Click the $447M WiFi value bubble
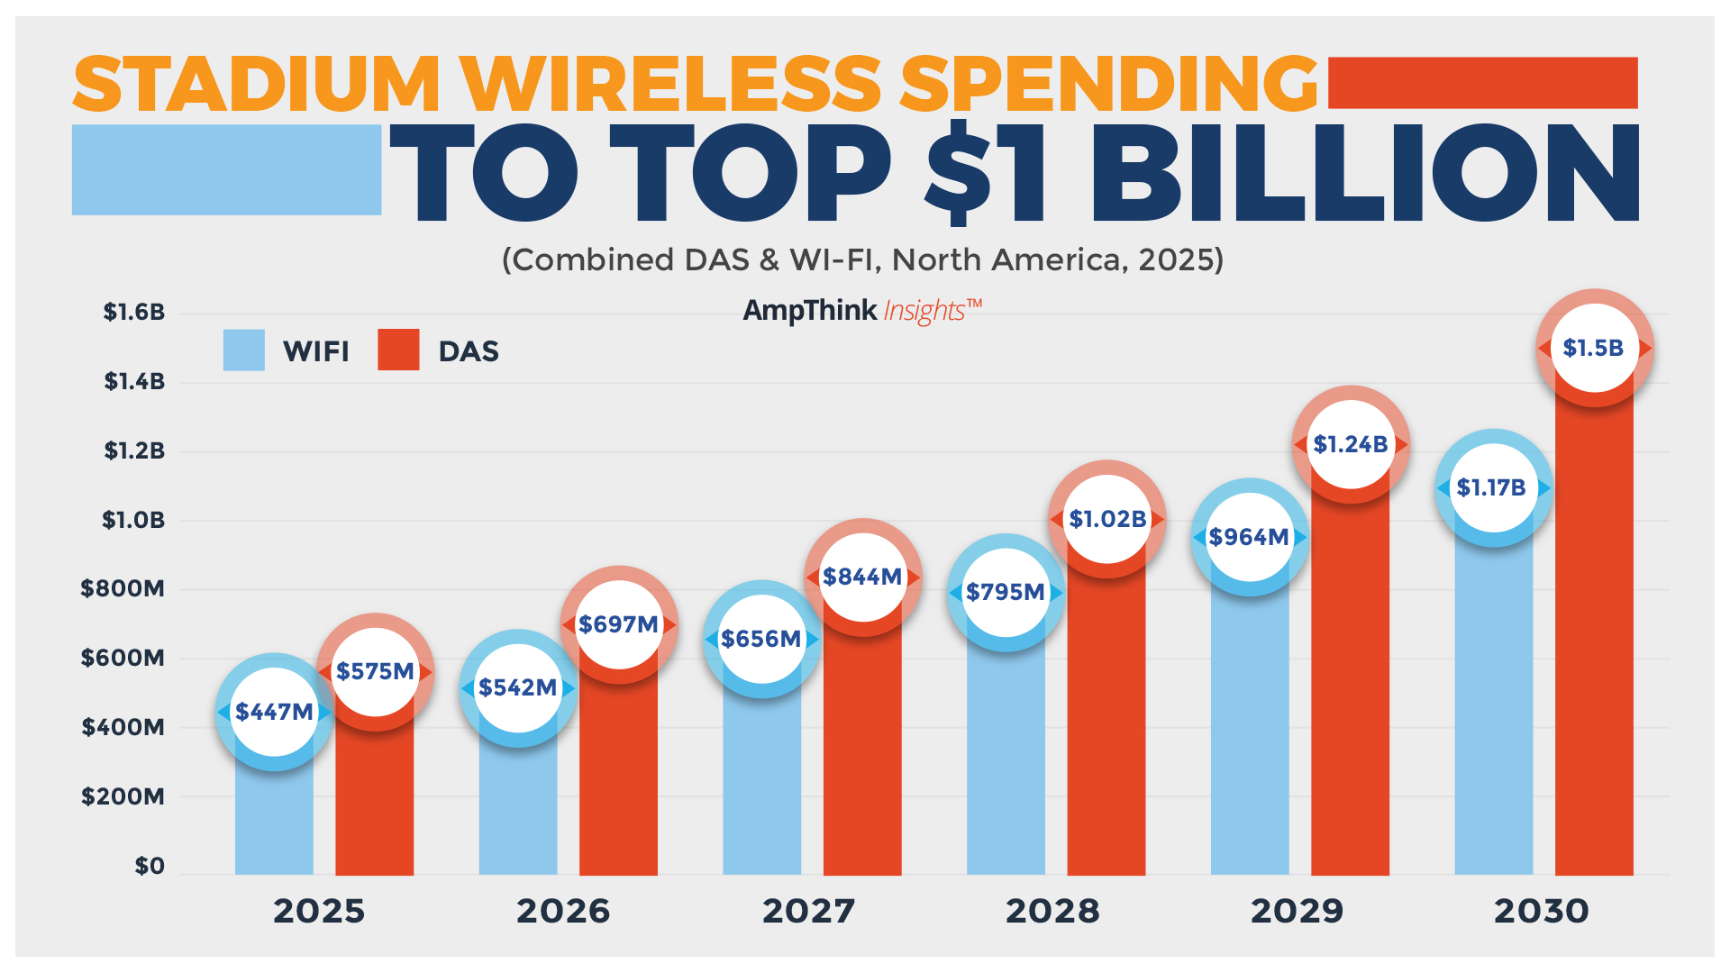point(274,712)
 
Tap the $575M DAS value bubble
point(375,671)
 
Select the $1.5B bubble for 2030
point(1593,348)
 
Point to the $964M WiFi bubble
point(1248,537)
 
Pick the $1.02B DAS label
point(1106,519)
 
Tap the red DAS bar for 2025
point(374,802)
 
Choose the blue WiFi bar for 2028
point(1006,766)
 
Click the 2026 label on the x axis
point(563,911)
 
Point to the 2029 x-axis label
point(1297,911)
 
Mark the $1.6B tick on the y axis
point(133,313)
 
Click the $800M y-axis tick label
point(123,589)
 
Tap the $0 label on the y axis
point(150,866)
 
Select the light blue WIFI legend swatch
point(243,350)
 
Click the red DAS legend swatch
point(398,350)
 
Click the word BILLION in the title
point(1365,173)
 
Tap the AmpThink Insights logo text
point(861,311)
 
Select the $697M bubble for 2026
point(618,624)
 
